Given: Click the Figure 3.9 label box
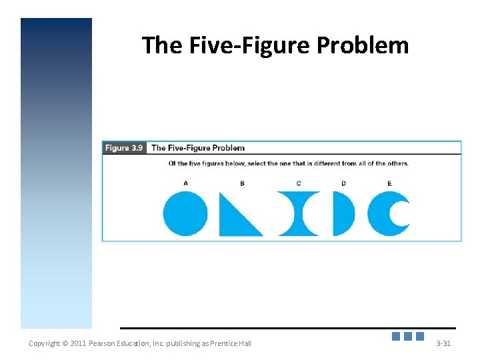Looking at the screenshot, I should pos(125,148).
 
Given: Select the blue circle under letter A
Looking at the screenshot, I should pos(185,213).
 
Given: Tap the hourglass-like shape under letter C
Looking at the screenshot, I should pos(298,213).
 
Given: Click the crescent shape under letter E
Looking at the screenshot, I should pos(383,213).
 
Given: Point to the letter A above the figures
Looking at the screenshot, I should pos(185,183).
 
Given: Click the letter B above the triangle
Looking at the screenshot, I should pos(242,183).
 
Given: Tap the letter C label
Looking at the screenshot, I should pos(299,183).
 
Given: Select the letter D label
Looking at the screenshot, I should pos(343,183).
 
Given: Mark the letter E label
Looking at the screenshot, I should pos(389,183).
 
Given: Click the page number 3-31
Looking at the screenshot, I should pos(443,343).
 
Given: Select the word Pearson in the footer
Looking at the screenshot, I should pos(104,343).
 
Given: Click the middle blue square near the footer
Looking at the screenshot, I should pos(408,337).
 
